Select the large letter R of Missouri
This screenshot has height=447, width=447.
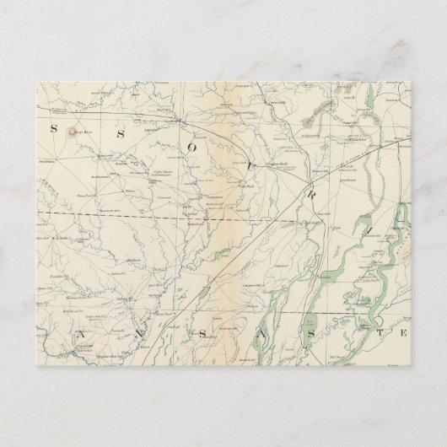coord(310,186)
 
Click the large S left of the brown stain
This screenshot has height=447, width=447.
coord(53,129)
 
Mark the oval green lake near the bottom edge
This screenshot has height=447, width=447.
coord(308,324)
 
